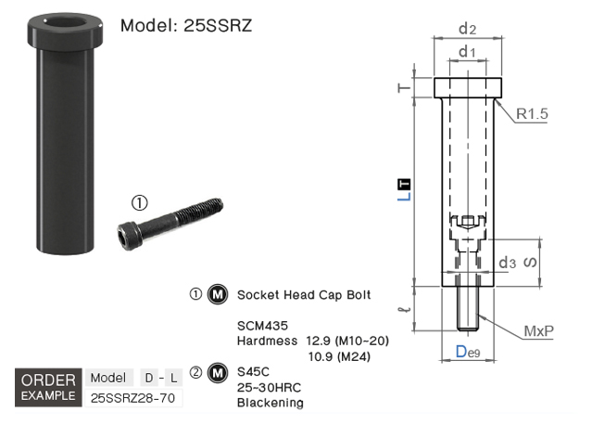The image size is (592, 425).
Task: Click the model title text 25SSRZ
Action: (x=186, y=25)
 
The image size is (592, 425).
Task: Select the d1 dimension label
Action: (x=468, y=52)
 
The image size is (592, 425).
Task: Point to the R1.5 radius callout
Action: (x=533, y=114)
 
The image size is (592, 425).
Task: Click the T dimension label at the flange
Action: (x=402, y=87)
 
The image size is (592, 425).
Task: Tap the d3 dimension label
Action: (x=507, y=263)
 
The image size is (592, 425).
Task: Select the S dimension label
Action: (x=530, y=263)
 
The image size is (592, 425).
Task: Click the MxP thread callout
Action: (x=539, y=330)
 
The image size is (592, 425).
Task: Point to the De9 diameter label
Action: (x=467, y=352)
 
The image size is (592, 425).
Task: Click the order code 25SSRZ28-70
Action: (x=135, y=398)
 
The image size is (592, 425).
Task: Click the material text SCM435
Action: (x=263, y=326)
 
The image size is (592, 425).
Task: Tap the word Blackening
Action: (x=271, y=403)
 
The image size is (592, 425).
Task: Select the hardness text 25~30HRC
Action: (x=267, y=388)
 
